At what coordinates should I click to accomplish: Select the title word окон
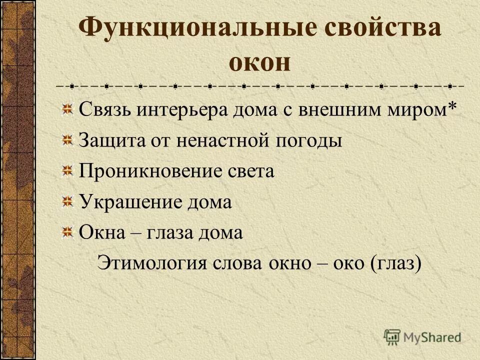259,63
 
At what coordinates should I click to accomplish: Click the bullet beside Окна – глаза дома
66,232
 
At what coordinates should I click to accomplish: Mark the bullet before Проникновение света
66,170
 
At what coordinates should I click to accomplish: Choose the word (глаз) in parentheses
396,263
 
